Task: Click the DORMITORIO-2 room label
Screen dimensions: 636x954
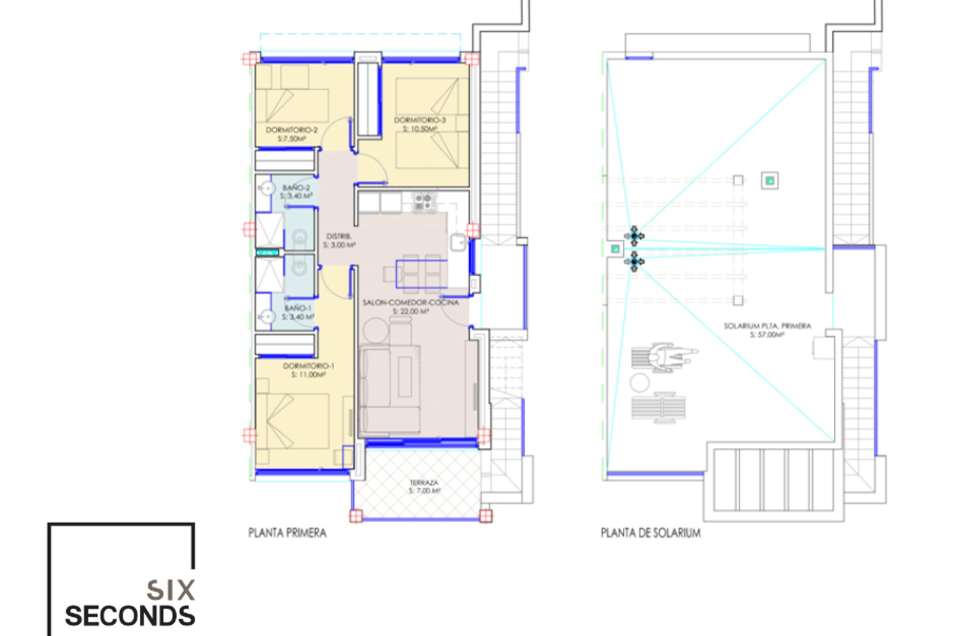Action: [291, 130]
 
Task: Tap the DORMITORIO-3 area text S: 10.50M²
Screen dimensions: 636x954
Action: [420, 129]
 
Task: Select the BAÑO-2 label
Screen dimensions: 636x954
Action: [296, 188]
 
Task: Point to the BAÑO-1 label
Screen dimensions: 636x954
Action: [298, 309]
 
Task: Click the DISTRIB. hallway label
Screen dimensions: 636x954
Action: [339, 237]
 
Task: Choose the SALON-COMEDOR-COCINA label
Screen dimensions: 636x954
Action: [410, 303]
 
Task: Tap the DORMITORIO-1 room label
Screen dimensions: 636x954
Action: [309, 366]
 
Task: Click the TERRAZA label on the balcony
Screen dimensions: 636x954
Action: [424, 482]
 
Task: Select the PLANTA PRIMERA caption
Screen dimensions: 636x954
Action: [287, 533]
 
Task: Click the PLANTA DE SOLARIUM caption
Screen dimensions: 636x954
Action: [650, 533]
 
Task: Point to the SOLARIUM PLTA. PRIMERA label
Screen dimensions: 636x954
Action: [767, 326]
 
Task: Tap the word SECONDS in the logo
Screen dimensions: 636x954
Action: [130, 616]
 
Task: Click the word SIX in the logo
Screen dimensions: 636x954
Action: [170, 590]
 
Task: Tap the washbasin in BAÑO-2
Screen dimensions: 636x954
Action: [267, 189]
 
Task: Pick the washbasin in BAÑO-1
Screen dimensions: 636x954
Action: [267, 317]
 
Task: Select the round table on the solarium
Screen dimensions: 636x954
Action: [639, 383]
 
